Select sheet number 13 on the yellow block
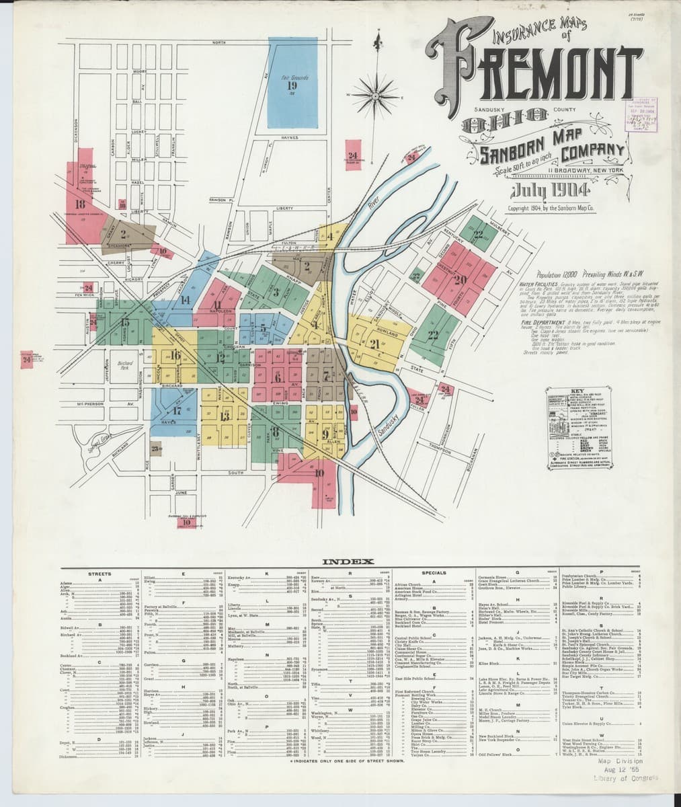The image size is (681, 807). [x=225, y=416]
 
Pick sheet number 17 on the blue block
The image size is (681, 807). [x=177, y=410]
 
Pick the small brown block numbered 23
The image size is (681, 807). [x=156, y=449]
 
